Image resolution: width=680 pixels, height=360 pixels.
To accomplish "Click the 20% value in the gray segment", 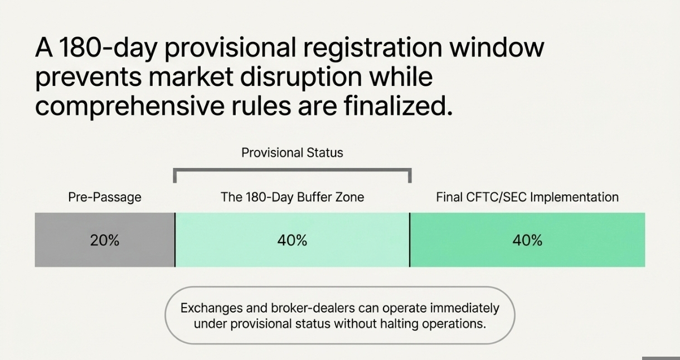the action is pyautogui.click(x=104, y=240).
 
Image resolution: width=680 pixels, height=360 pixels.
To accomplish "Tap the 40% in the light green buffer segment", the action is pyautogui.click(x=292, y=240).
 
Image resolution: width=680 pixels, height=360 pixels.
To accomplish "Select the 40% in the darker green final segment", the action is pyautogui.click(x=527, y=240).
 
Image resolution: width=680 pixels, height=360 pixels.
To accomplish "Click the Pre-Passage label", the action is pyautogui.click(x=105, y=197).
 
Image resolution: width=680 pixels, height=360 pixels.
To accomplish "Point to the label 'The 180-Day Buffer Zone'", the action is pyautogui.click(x=292, y=197).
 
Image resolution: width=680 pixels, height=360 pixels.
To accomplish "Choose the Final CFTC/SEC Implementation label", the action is pyautogui.click(x=527, y=197).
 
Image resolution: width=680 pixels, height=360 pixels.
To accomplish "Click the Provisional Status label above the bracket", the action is pyautogui.click(x=292, y=153).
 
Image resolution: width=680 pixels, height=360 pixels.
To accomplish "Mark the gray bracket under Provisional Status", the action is pyautogui.click(x=292, y=170).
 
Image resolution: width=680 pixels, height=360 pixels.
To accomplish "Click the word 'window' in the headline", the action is pyautogui.click(x=497, y=48).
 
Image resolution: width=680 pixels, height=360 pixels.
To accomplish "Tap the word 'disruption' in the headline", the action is pyautogui.click(x=301, y=77).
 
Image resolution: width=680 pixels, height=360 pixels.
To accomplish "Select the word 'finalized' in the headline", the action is pyautogui.click(x=398, y=106).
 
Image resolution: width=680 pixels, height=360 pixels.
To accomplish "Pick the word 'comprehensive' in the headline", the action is pyautogui.click(x=130, y=106).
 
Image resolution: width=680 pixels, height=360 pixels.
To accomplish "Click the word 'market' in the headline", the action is pyautogui.click(x=191, y=77).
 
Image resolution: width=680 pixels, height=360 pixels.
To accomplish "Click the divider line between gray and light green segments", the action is pyautogui.click(x=175, y=240).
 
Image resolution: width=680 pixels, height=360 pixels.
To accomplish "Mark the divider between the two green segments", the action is pyautogui.click(x=410, y=240).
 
